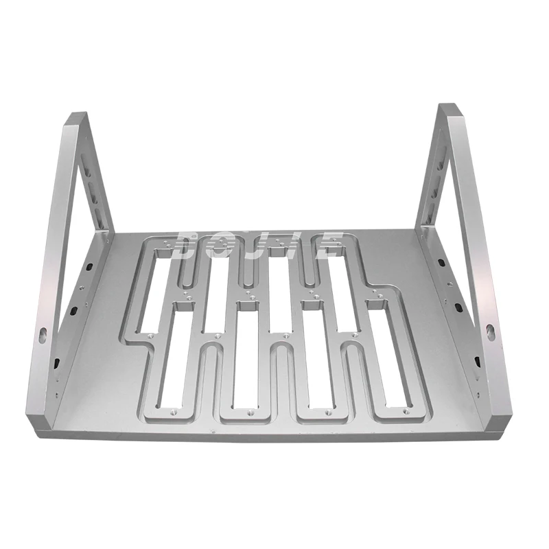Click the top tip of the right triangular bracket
[449, 108]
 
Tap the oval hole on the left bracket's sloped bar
[43, 334]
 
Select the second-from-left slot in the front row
[243, 364]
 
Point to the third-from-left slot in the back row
[277, 288]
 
